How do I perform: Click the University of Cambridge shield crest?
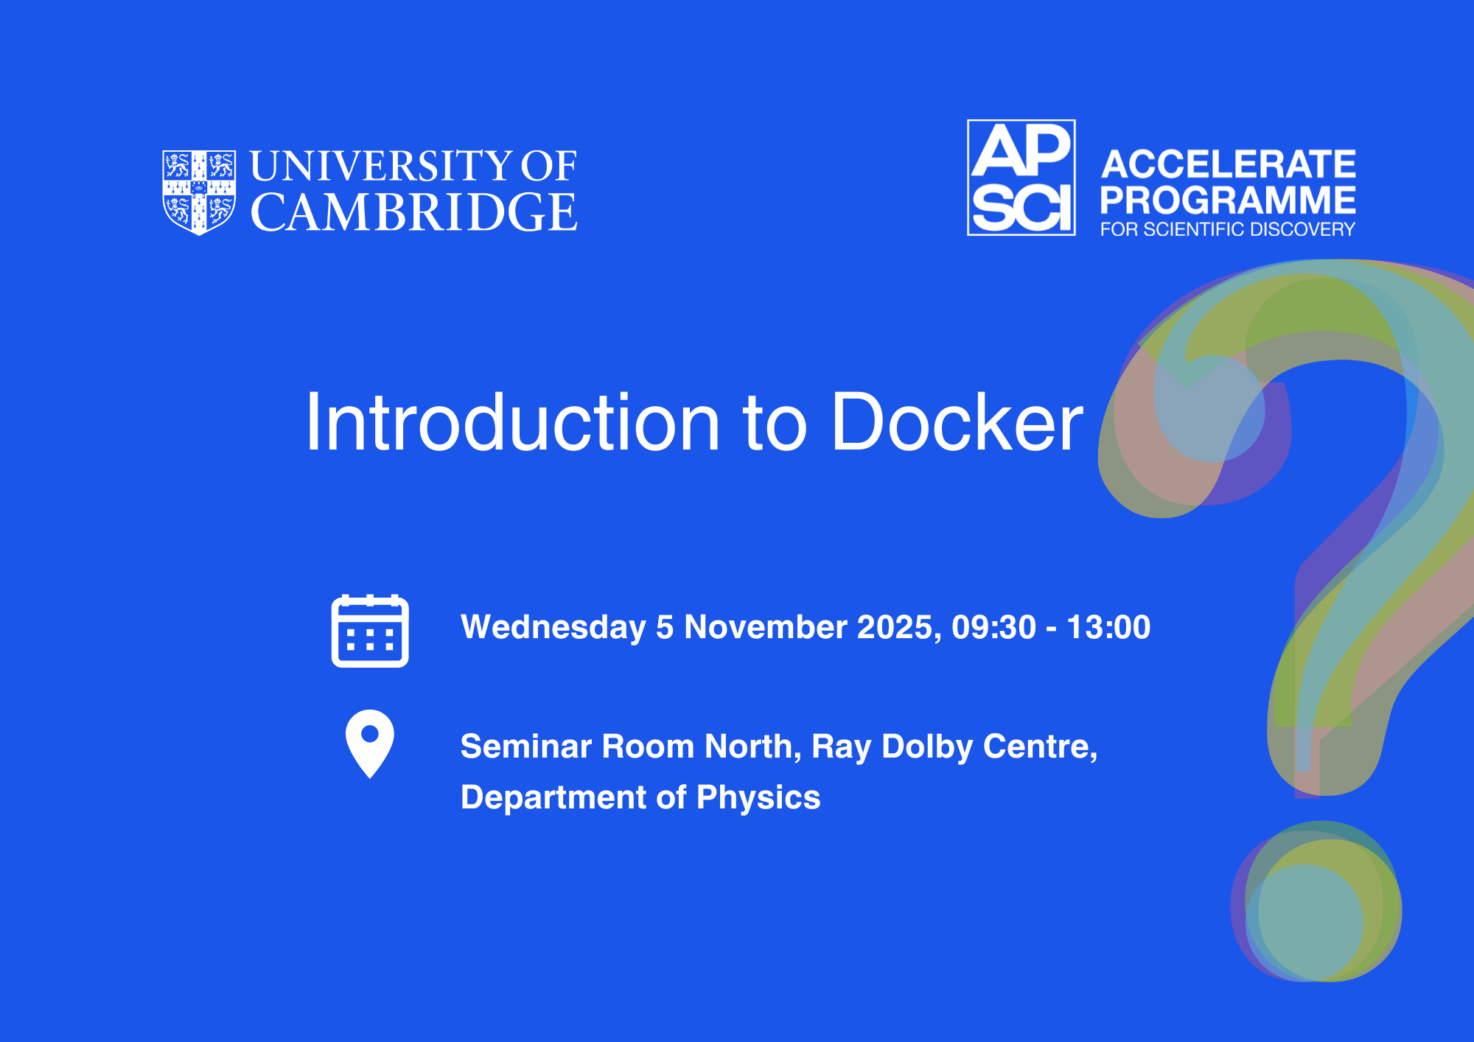tap(199, 192)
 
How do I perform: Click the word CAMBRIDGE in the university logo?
tap(414, 212)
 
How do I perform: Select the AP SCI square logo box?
tap(1021, 178)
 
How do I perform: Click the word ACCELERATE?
tap(1229, 164)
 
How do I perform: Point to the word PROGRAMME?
tap(1228, 200)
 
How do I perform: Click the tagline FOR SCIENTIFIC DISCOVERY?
tap(1228, 229)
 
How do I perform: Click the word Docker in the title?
tap(957, 422)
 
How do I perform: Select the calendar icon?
tap(370, 631)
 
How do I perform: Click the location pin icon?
tap(370, 744)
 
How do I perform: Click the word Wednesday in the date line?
tap(553, 628)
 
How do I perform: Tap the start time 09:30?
tap(994, 627)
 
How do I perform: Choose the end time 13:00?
tap(1108, 627)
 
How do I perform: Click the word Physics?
tap(758, 798)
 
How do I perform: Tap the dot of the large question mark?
tap(1316, 901)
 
